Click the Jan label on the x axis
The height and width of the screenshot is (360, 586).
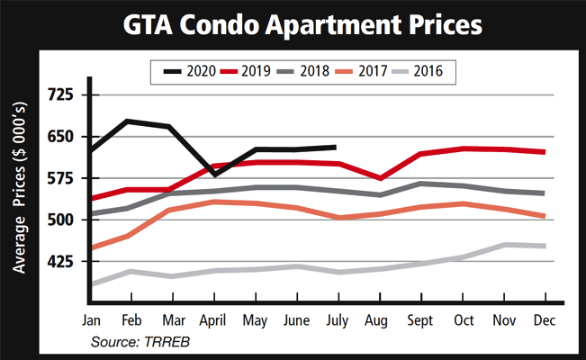click(x=91, y=321)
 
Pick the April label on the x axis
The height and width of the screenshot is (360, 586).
click(x=213, y=321)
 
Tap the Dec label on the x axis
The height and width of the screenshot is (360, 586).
click(x=544, y=321)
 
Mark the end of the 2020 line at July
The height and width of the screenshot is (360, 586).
click(x=336, y=147)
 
